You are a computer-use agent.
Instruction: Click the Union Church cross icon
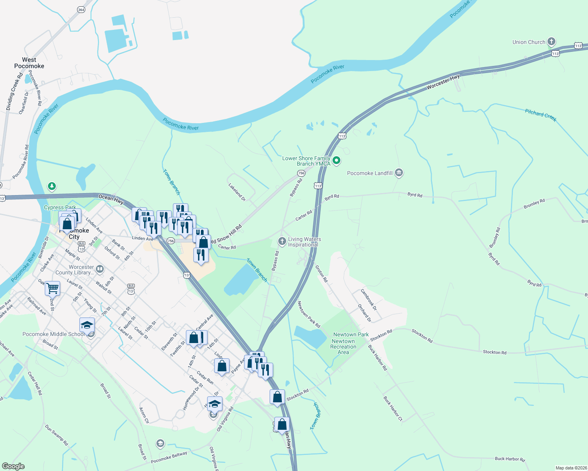pos(551,42)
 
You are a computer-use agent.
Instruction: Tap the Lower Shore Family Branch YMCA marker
pos(336,160)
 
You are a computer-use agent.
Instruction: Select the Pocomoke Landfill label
pos(370,173)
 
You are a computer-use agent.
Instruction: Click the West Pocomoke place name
pos(29,63)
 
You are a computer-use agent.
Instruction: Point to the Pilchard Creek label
pos(541,115)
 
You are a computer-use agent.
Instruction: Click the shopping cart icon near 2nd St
pos(52,288)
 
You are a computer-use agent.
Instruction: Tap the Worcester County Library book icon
pos(100,269)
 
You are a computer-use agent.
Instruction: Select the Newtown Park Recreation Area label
pos(344,343)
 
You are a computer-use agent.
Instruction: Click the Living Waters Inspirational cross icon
pos(282,241)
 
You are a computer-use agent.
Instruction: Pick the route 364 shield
pos(81,10)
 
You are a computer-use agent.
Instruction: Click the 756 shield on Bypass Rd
pos(301,173)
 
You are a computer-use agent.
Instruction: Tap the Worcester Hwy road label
pos(443,82)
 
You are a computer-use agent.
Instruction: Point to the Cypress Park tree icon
pos(51,186)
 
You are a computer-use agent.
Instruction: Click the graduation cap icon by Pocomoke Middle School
pos(87,325)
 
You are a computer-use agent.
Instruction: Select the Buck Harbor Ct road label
pos(393,409)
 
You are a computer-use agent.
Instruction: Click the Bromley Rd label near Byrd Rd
pos(534,204)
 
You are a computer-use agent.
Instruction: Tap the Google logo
pos(13,466)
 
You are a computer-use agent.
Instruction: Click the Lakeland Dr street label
pos(237,192)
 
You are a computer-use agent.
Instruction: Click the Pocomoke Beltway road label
pos(169,457)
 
